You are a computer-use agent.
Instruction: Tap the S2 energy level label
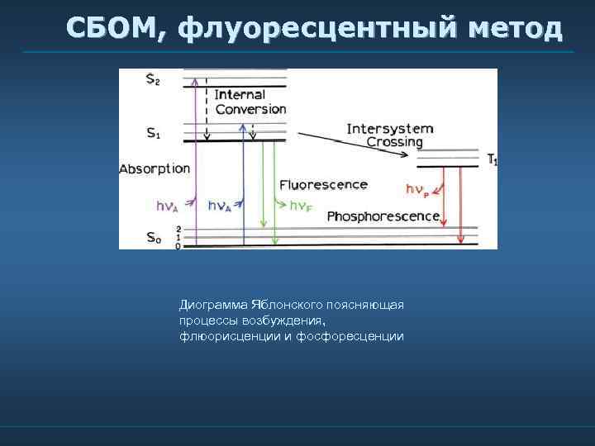(x=153, y=80)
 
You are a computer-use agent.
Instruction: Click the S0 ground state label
(x=153, y=238)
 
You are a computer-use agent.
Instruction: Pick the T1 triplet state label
(x=492, y=159)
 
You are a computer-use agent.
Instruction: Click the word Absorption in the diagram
(x=155, y=169)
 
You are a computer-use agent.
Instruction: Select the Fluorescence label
(x=323, y=184)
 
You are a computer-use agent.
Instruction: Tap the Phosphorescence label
(x=383, y=216)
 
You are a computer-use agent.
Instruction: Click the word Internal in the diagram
(x=240, y=95)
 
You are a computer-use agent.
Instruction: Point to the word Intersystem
(x=390, y=129)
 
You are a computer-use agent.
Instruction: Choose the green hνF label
(x=300, y=206)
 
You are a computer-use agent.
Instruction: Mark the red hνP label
(x=416, y=189)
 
